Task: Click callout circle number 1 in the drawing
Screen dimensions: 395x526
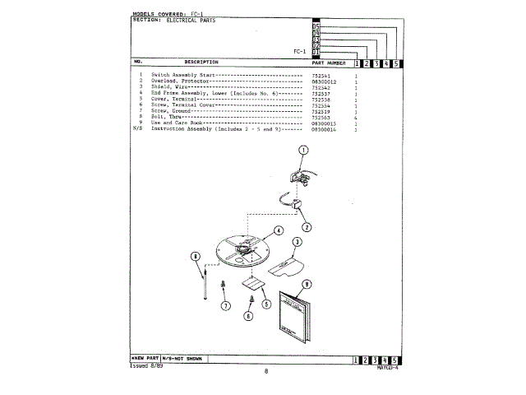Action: (302, 151)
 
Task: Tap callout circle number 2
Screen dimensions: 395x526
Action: (306, 227)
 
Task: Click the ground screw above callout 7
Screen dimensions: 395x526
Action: (223, 285)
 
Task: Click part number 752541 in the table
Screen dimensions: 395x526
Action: (321, 75)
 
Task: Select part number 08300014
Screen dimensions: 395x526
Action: (325, 129)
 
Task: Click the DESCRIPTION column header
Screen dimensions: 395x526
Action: (201, 63)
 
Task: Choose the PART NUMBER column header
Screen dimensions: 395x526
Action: (329, 63)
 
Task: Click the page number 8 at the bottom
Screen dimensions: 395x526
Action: (266, 372)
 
